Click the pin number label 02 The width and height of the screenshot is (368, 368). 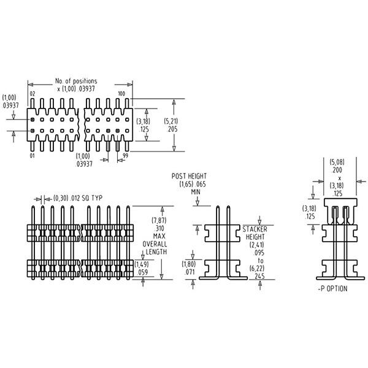pyautogui.click(x=33, y=93)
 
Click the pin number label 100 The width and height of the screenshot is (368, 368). pyautogui.click(x=121, y=93)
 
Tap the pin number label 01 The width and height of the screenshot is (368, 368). pyautogui.click(x=33, y=156)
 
